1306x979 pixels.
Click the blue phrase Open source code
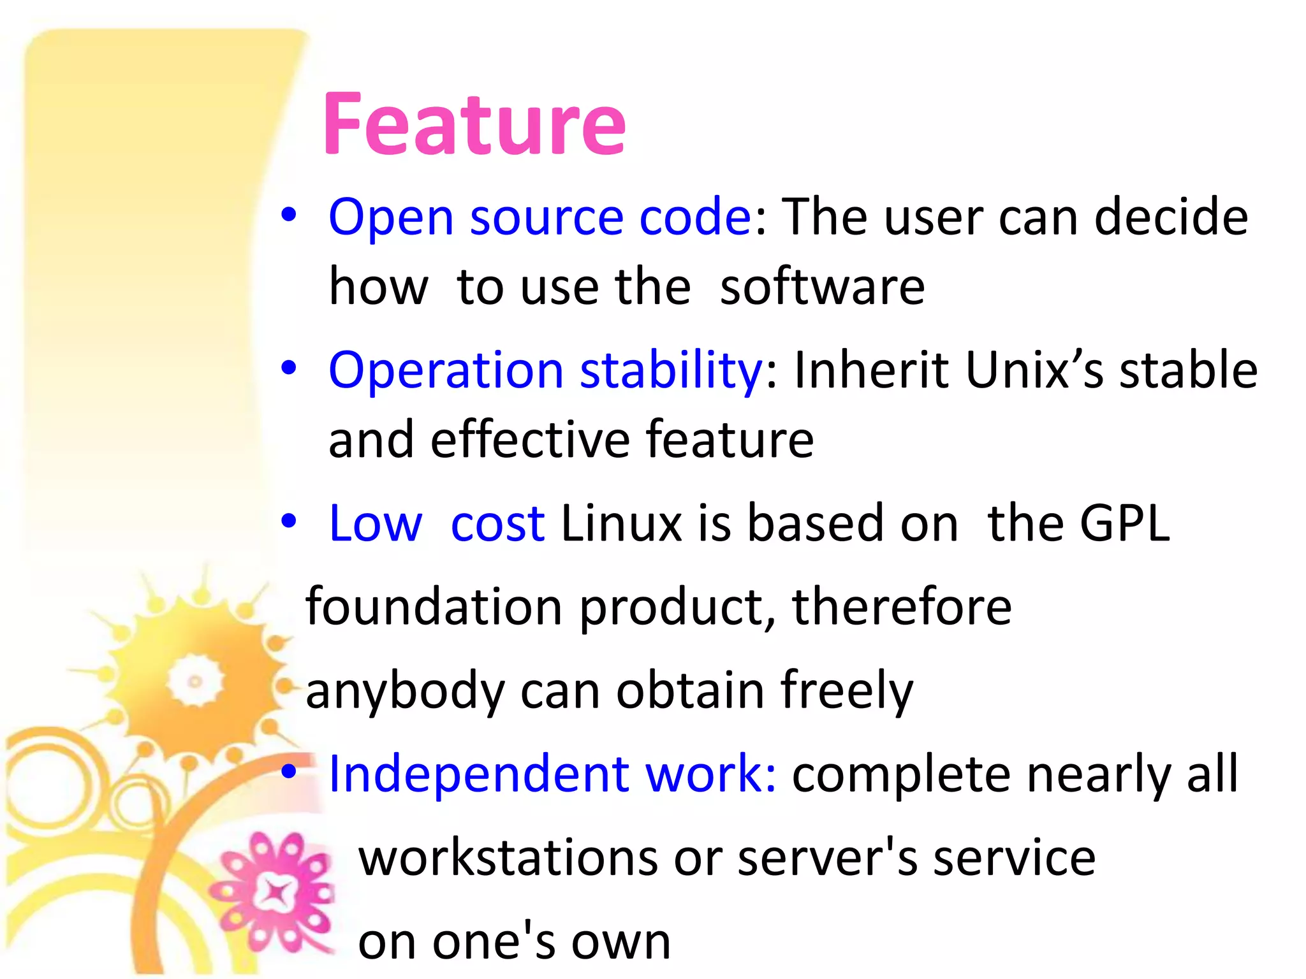click(x=540, y=217)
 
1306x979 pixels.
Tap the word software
click(x=822, y=287)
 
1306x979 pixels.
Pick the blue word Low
click(x=375, y=523)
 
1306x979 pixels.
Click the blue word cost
click(x=497, y=523)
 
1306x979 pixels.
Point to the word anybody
click(x=405, y=691)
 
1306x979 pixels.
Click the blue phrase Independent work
click(x=552, y=774)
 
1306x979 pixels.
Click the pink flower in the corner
click(x=275, y=892)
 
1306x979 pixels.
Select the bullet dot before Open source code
click(x=289, y=215)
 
